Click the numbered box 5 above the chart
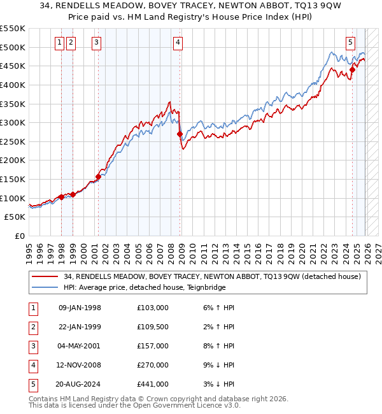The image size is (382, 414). click(351, 43)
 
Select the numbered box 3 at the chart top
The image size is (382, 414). click(96, 43)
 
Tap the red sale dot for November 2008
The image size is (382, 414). click(180, 134)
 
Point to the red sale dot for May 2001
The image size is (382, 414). click(98, 176)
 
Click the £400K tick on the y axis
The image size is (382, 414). click(13, 85)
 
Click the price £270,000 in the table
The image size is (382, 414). click(153, 365)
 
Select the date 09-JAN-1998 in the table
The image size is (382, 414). click(80, 308)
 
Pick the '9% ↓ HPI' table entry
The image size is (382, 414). click(216, 365)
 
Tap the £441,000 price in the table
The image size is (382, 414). click(153, 384)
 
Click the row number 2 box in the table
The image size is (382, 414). click(32, 327)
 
